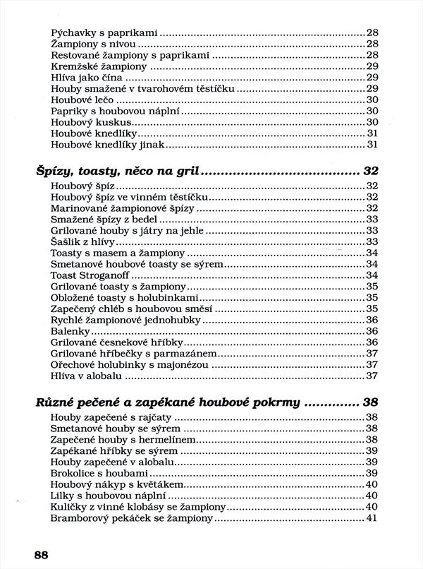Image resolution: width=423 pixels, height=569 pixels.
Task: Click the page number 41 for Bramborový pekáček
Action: (373, 519)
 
